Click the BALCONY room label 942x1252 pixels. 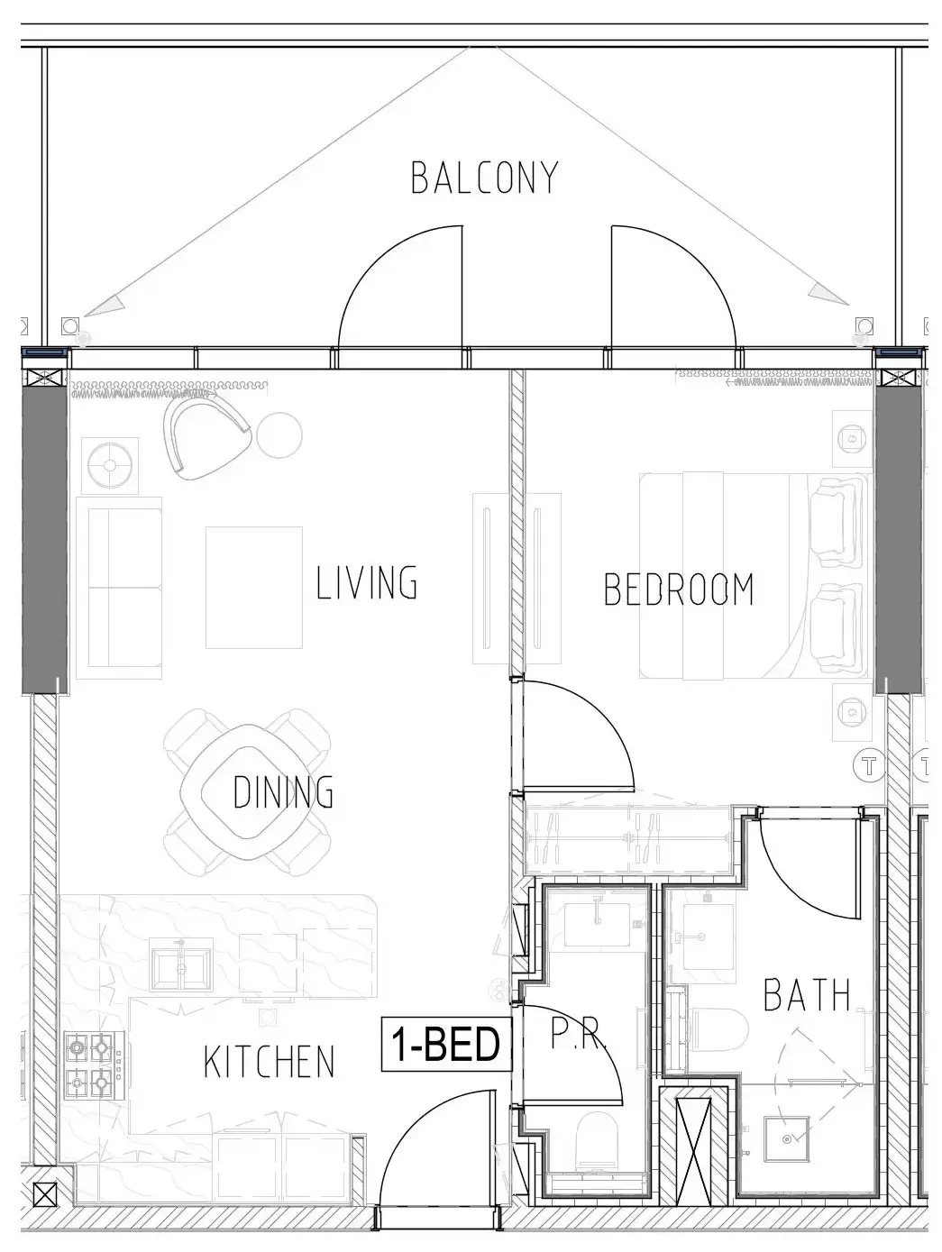484,178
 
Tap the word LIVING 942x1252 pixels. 366,581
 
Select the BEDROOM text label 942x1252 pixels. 679,589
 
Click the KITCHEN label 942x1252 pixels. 269,1062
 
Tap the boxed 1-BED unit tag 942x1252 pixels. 446,1044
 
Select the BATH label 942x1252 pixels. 806,994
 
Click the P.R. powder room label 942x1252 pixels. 577,1032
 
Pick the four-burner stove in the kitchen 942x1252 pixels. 95,1065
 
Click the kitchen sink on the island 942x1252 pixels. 180,969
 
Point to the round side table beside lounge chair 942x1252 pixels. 279,435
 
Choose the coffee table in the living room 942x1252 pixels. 253,588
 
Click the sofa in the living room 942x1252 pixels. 119,588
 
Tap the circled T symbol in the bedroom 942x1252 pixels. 869,766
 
